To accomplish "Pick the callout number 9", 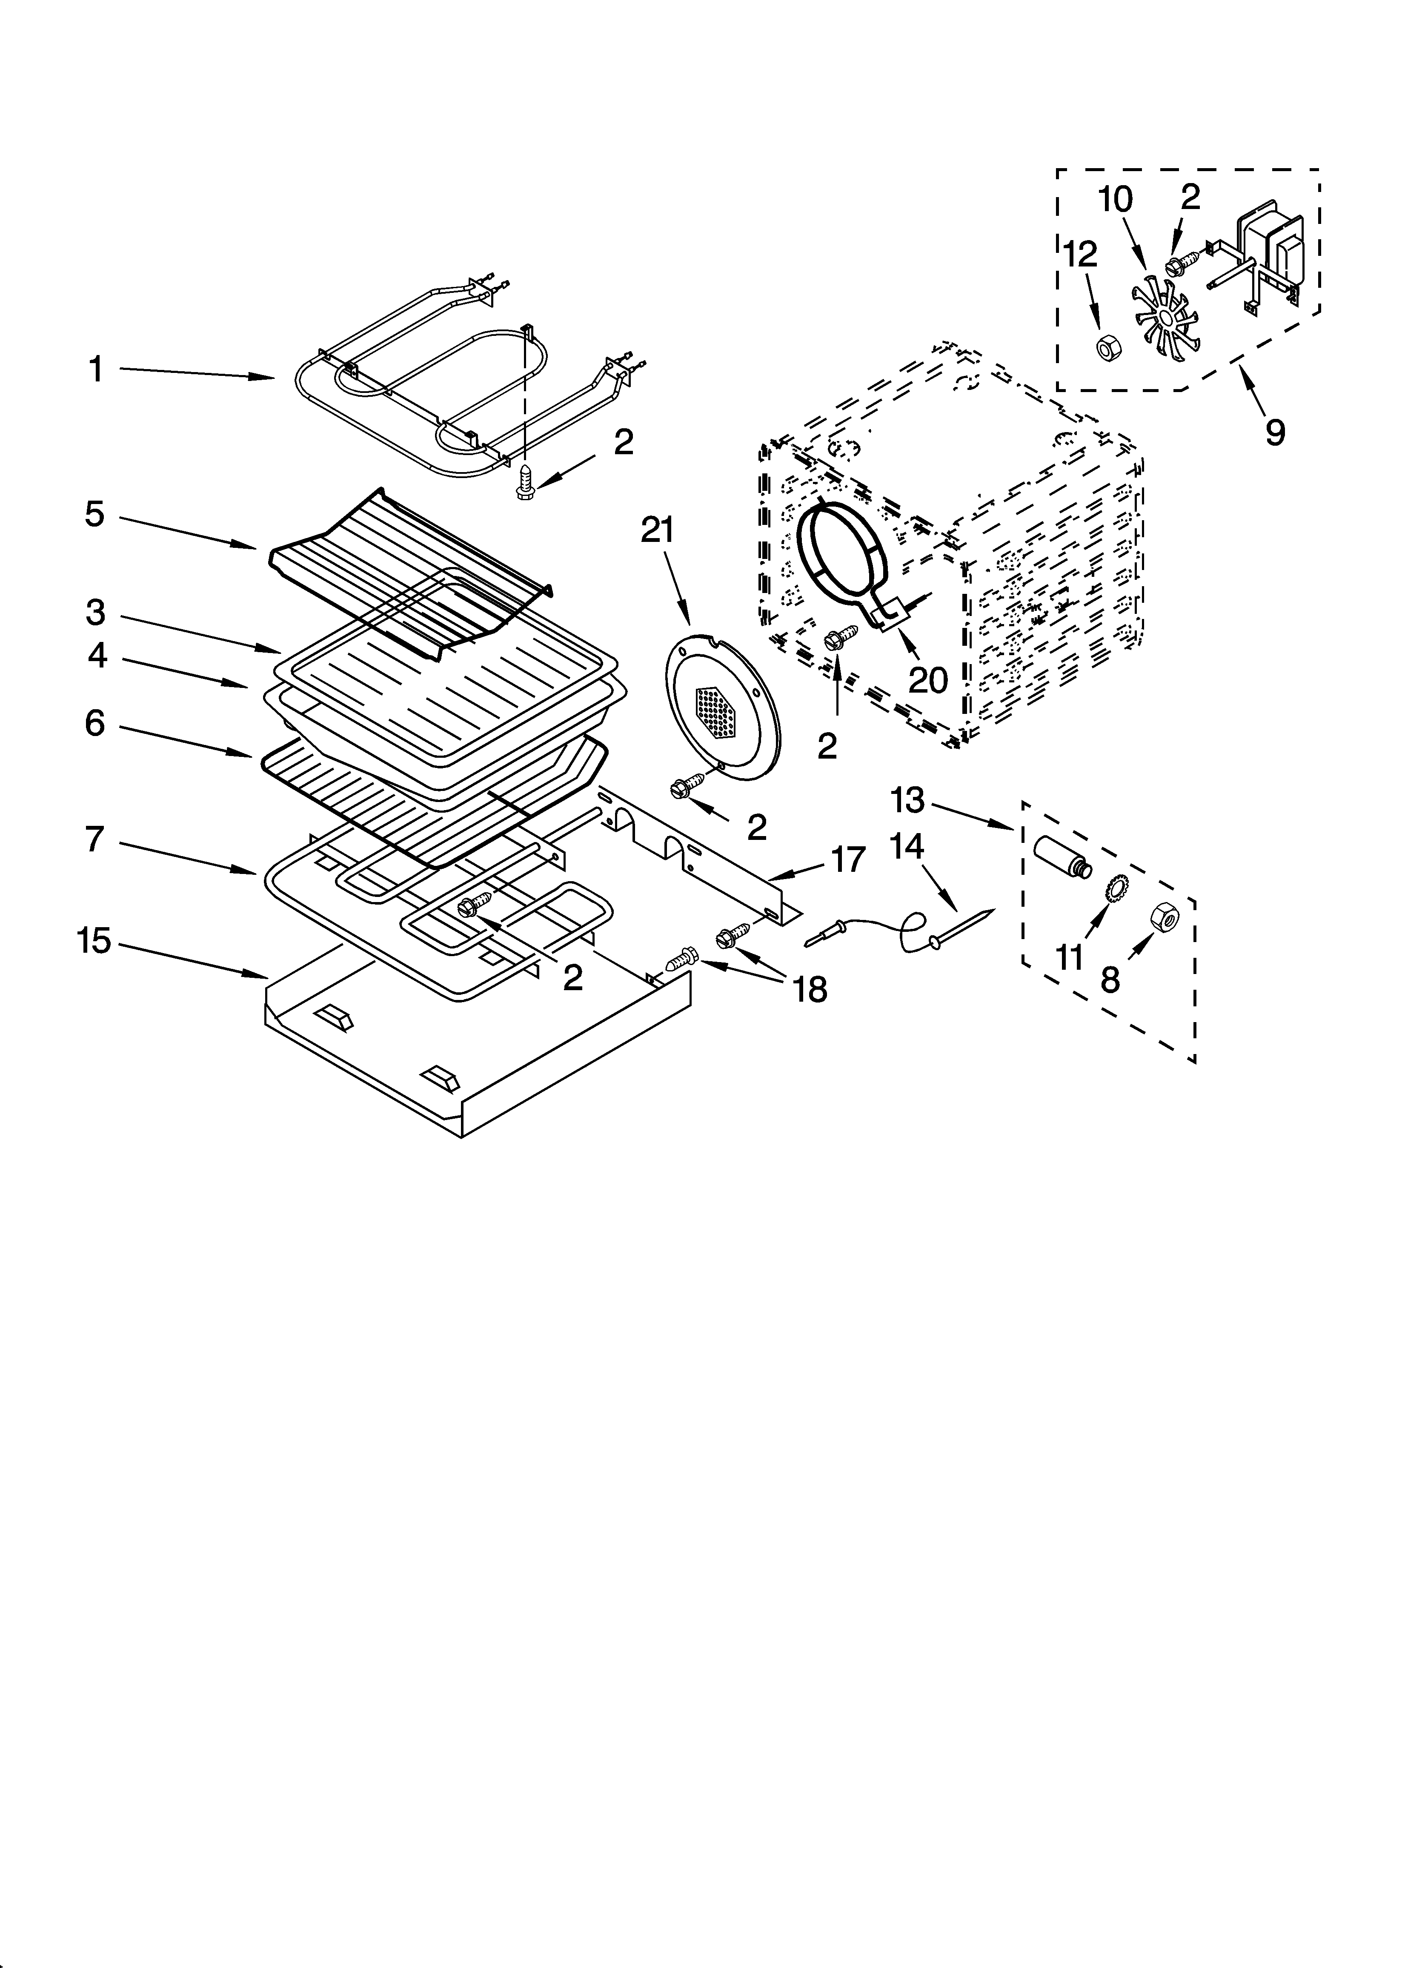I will click(x=1274, y=431).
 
